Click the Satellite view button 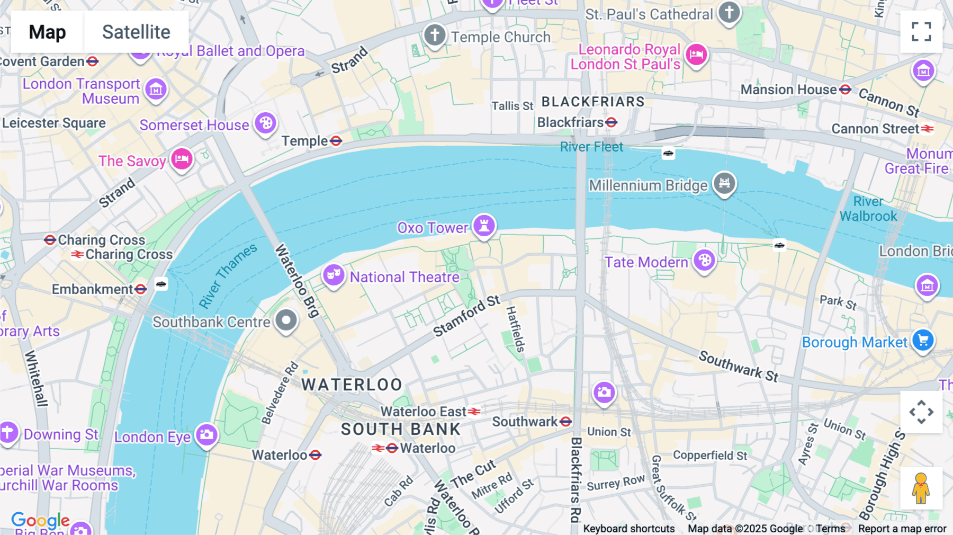coord(136,32)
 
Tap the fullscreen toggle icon coord(921,32)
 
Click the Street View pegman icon coord(921,488)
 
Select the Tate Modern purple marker coord(704,260)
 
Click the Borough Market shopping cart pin coord(923,340)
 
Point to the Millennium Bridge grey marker coord(724,183)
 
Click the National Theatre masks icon coord(334,275)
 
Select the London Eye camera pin coord(206,435)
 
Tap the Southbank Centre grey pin coord(286,320)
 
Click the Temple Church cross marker coord(434,35)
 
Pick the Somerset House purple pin coord(265,123)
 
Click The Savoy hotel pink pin coord(182,158)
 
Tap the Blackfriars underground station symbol coord(612,122)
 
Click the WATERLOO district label coord(352,385)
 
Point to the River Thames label coord(228,275)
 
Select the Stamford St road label coord(466,316)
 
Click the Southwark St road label coord(738,366)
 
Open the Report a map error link coord(902,529)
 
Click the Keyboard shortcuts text coord(628,529)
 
